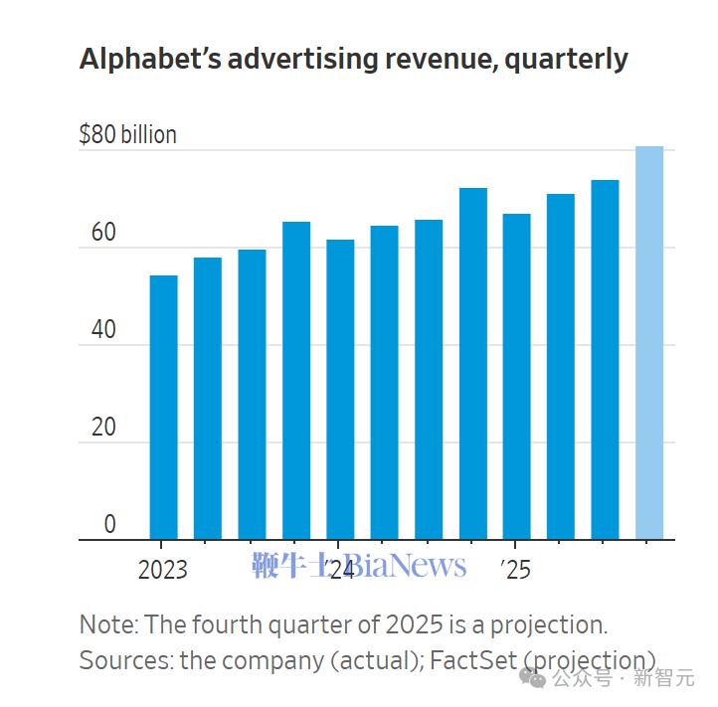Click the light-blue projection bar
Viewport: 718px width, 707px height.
[x=648, y=343]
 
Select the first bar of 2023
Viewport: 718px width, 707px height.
[x=163, y=408]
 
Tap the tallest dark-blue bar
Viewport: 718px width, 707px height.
[x=472, y=364]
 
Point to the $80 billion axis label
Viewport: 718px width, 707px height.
[x=127, y=135]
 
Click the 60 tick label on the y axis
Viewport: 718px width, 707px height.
[x=103, y=234]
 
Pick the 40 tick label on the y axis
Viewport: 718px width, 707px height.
[x=103, y=331]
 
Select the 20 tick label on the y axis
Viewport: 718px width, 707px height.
[x=103, y=429]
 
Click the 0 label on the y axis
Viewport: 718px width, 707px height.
[x=109, y=525]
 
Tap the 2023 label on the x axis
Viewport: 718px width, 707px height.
[x=162, y=570]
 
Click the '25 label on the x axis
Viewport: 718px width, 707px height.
[x=515, y=570]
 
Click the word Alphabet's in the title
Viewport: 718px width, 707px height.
[x=148, y=60]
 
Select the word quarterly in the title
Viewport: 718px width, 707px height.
[x=566, y=60]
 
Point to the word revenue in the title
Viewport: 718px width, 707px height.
[x=442, y=60]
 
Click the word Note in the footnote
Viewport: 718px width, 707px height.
[x=107, y=625]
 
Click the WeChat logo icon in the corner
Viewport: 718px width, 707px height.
[x=535, y=678]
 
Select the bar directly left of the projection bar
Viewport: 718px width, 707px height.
[x=605, y=360]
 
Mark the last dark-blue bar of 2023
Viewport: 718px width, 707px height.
[x=295, y=381]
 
